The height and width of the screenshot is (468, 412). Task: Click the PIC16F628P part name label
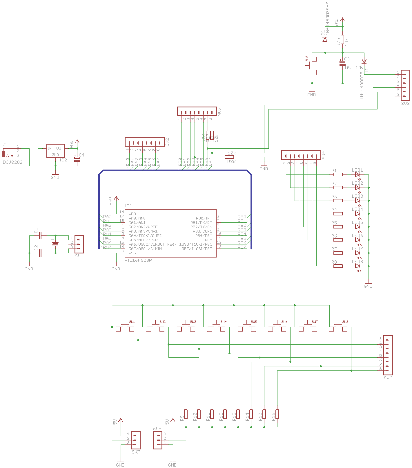coord(138,260)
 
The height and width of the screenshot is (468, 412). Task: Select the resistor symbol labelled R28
coord(229,157)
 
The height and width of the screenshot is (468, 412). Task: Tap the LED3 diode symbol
coord(357,201)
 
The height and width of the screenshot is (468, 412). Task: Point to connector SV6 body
coord(388,355)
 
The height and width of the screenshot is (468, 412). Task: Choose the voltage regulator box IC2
coord(55,151)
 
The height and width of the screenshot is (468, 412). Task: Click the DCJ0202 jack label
coord(12,162)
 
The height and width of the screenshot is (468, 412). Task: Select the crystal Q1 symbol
coord(55,244)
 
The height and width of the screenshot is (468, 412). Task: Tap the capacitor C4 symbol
coord(77,159)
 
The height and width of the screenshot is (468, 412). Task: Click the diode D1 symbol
coord(325,39)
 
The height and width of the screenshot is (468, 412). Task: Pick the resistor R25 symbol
coord(342,39)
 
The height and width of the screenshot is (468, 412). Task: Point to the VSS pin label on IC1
coord(132,253)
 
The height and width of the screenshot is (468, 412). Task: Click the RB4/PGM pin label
coord(204,236)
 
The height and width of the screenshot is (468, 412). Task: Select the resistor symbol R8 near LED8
coord(338,266)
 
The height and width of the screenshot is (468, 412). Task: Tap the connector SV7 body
coord(136,440)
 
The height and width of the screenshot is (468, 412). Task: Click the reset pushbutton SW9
coord(312,66)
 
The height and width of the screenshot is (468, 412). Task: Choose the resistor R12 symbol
coord(225,414)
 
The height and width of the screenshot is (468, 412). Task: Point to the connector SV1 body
coord(79,244)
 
